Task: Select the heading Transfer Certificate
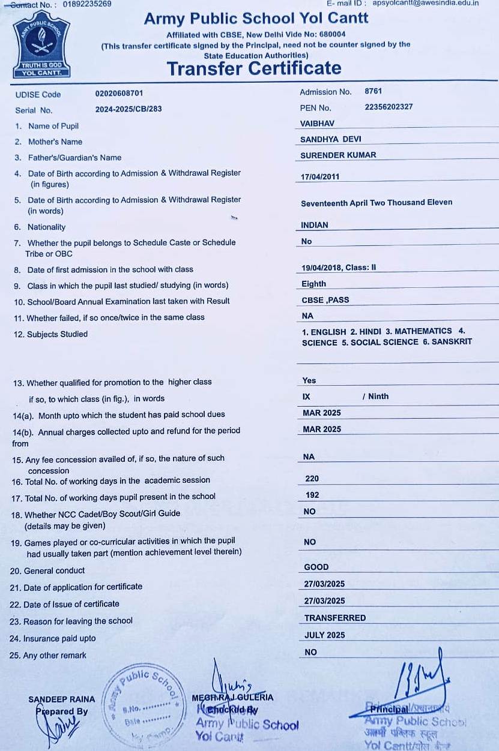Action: tap(254, 68)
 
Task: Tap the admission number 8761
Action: tap(373, 92)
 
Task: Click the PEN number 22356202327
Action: tap(389, 107)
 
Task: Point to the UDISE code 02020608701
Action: tap(119, 94)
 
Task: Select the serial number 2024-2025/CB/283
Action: tap(129, 109)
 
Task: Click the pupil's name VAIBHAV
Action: tap(317, 124)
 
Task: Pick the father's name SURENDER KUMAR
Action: tap(338, 155)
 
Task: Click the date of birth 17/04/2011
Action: tap(320, 177)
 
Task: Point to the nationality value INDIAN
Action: tap(315, 225)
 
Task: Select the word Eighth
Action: tap(314, 284)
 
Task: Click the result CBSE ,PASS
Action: tap(325, 300)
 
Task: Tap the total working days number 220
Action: tap(312, 479)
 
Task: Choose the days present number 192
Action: tap(312, 495)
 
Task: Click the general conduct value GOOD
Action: tap(316, 567)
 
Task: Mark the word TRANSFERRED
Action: tap(335, 618)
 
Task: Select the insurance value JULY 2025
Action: tap(325, 635)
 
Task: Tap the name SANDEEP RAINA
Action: tap(53, 699)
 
